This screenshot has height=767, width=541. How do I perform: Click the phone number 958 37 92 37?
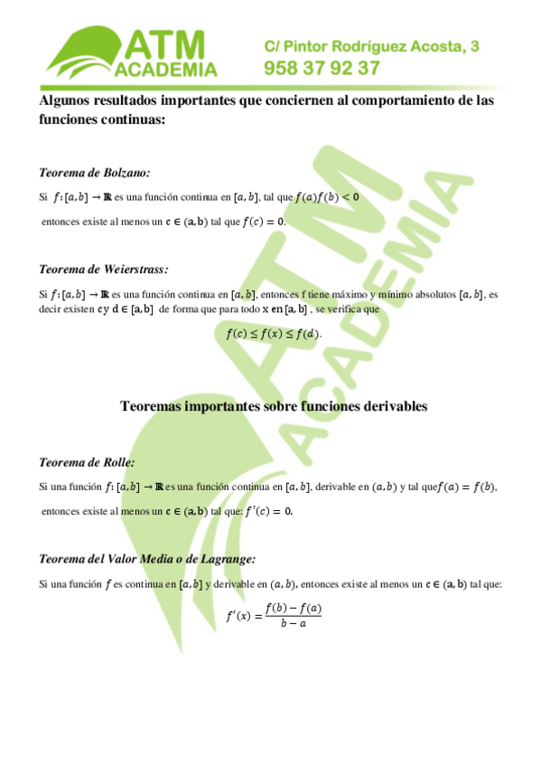(x=321, y=68)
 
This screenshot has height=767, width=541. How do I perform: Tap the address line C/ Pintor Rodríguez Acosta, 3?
(x=371, y=45)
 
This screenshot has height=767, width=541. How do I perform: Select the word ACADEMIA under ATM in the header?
(x=165, y=71)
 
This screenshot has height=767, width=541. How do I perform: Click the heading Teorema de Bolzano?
(x=95, y=172)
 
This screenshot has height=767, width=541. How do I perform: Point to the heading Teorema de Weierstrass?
(x=104, y=269)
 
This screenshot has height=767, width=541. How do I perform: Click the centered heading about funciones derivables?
(x=273, y=406)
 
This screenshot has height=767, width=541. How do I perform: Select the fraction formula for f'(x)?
(x=273, y=615)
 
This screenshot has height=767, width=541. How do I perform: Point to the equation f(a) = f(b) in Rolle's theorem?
(x=466, y=488)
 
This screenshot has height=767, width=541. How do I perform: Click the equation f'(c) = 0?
(x=269, y=511)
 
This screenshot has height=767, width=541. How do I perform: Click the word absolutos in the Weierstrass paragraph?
(x=432, y=294)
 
